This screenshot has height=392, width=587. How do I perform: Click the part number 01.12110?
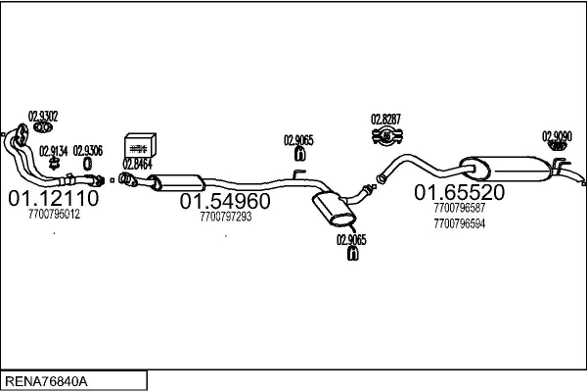coord(53,199)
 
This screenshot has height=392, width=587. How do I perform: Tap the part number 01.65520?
coord(459,192)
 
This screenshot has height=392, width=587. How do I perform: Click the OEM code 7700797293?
coord(225,217)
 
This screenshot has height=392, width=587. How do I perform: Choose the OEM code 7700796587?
coord(459,208)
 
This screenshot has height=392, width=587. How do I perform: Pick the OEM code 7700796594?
coord(459,223)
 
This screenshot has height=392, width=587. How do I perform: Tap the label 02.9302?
coord(42,114)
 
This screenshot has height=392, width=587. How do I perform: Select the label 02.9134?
coord(54,150)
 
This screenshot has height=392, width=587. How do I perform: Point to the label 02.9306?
coord(87,150)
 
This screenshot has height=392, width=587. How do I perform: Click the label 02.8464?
coord(137,164)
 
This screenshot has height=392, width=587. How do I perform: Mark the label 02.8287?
coord(385,120)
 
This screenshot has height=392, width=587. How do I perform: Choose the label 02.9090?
coord(557,136)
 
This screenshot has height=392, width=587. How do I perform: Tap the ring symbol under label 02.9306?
coord(87,163)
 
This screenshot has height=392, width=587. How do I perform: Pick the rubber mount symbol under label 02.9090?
coord(557,148)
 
